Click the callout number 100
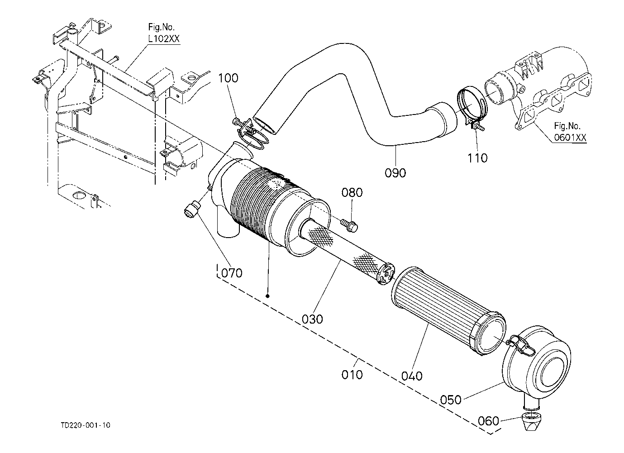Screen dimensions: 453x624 click(x=228, y=78)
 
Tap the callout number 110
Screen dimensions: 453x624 click(x=478, y=158)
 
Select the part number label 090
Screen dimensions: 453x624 click(x=395, y=172)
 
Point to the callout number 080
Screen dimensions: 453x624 click(x=352, y=193)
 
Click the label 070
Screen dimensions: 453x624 click(x=232, y=273)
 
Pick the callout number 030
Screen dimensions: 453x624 click(x=312, y=319)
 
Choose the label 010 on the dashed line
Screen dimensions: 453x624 click(x=352, y=374)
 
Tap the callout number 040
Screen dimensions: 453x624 click(x=412, y=376)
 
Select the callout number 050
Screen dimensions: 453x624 click(x=451, y=400)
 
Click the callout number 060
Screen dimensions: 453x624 click(x=489, y=421)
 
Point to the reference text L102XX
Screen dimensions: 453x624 click(x=163, y=39)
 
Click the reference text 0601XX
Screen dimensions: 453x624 click(x=569, y=137)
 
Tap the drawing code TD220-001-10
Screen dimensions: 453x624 click(x=86, y=425)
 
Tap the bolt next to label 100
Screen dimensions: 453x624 click(x=237, y=121)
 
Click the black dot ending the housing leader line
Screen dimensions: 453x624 click(x=268, y=296)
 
